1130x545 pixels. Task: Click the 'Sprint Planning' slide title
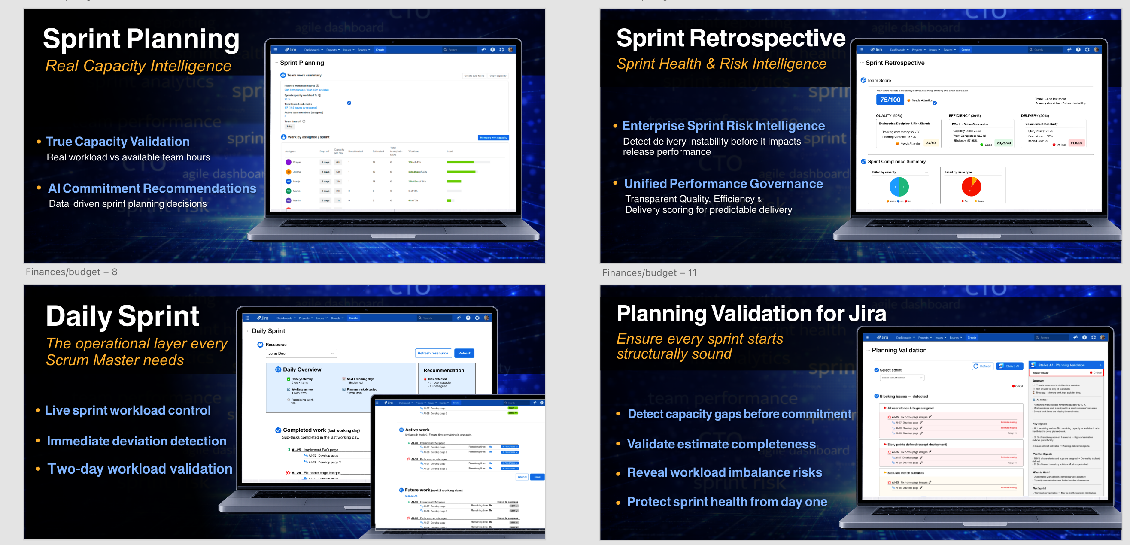tap(141, 39)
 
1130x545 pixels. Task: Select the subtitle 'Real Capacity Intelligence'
tap(138, 66)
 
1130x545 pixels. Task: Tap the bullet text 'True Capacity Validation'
tap(118, 142)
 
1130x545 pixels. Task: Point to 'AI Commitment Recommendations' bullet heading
tap(152, 188)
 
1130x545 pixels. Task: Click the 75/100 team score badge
tap(890, 100)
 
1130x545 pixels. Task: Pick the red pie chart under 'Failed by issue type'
tap(971, 186)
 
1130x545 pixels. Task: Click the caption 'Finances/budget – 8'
tap(72, 272)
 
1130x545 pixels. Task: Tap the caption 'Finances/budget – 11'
tap(649, 273)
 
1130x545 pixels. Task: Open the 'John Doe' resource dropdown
tap(301, 354)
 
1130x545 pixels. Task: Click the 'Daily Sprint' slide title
tap(122, 316)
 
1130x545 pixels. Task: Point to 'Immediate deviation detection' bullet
tap(137, 441)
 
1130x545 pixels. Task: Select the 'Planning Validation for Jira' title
tap(751, 314)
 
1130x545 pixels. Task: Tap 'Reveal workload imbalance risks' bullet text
tap(724, 472)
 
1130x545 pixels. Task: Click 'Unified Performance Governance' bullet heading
tap(723, 184)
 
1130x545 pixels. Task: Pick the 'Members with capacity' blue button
tap(493, 138)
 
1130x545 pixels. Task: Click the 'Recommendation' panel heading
tap(443, 370)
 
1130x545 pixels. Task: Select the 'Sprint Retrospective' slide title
tap(731, 39)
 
